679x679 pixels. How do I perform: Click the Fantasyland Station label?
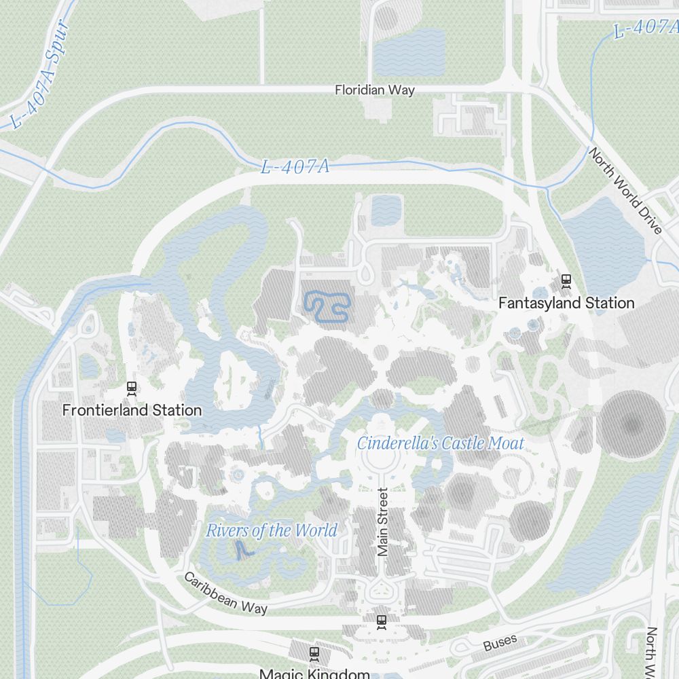click(566, 303)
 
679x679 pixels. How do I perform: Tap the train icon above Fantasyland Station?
click(566, 280)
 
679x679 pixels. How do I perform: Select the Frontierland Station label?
click(132, 410)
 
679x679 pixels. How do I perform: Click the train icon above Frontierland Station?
click(132, 388)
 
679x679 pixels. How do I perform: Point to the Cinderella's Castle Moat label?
click(441, 443)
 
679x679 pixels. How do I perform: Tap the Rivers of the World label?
click(272, 530)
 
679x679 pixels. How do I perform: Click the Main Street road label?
click(382, 522)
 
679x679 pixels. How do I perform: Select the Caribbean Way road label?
click(225, 593)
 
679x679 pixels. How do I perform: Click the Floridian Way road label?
click(375, 90)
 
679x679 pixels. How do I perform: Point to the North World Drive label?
click(625, 191)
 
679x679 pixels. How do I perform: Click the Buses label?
click(500, 642)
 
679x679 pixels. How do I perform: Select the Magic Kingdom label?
click(314, 674)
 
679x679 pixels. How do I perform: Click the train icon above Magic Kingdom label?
click(314, 654)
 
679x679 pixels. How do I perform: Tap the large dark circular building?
click(632, 426)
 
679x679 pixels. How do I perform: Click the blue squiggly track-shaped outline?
click(327, 306)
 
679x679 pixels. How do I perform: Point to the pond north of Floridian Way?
click(409, 52)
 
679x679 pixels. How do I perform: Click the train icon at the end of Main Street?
click(382, 620)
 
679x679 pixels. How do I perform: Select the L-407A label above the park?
click(295, 166)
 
